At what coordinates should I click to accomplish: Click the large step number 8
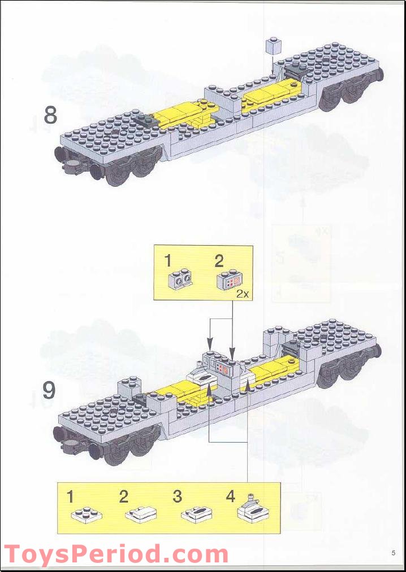[50, 115]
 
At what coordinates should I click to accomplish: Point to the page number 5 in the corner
[392, 552]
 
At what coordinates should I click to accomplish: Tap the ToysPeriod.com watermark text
[116, 554]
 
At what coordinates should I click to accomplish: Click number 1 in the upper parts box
[168, 260]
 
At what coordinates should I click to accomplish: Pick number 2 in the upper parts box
[219, 260]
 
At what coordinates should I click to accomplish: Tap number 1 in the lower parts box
[70, 497]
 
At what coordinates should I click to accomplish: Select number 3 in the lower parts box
[177, 497]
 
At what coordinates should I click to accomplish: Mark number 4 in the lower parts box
[230, 497]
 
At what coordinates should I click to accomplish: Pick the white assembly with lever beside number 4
[253, 510]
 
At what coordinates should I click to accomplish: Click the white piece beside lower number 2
[140, 514]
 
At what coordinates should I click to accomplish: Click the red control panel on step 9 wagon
[224, 370]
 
